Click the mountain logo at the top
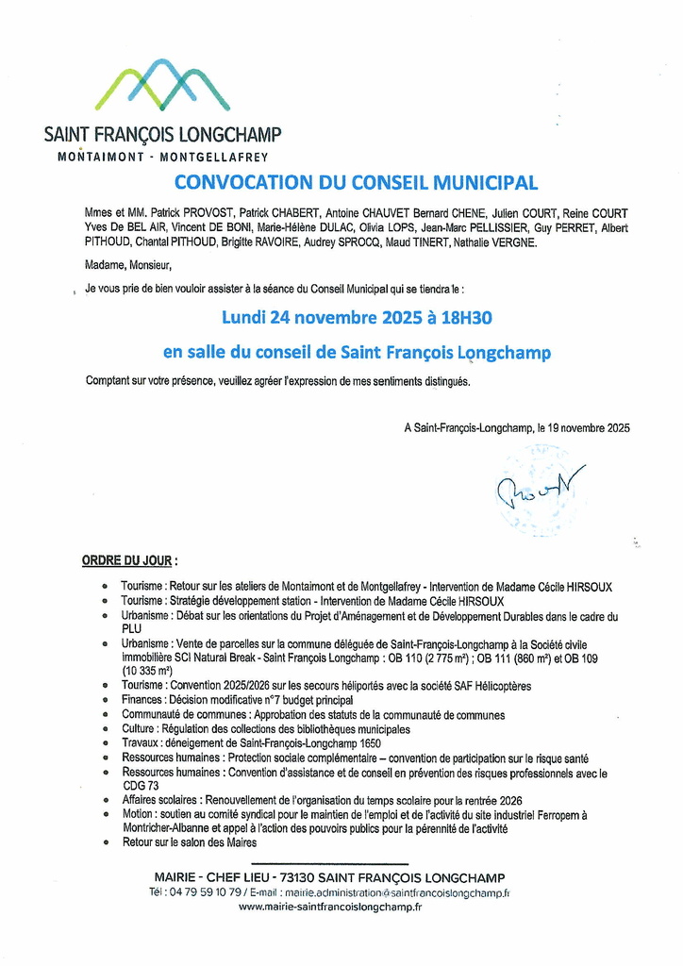pyautogui.click(x=162, y=85)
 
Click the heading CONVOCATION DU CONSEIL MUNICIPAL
pyautogui.click(x=356, y=182)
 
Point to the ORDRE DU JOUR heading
pyautogui.click(x=129, y=560)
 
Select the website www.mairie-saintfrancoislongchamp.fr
pyautogui.click(x=330, y=907)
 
